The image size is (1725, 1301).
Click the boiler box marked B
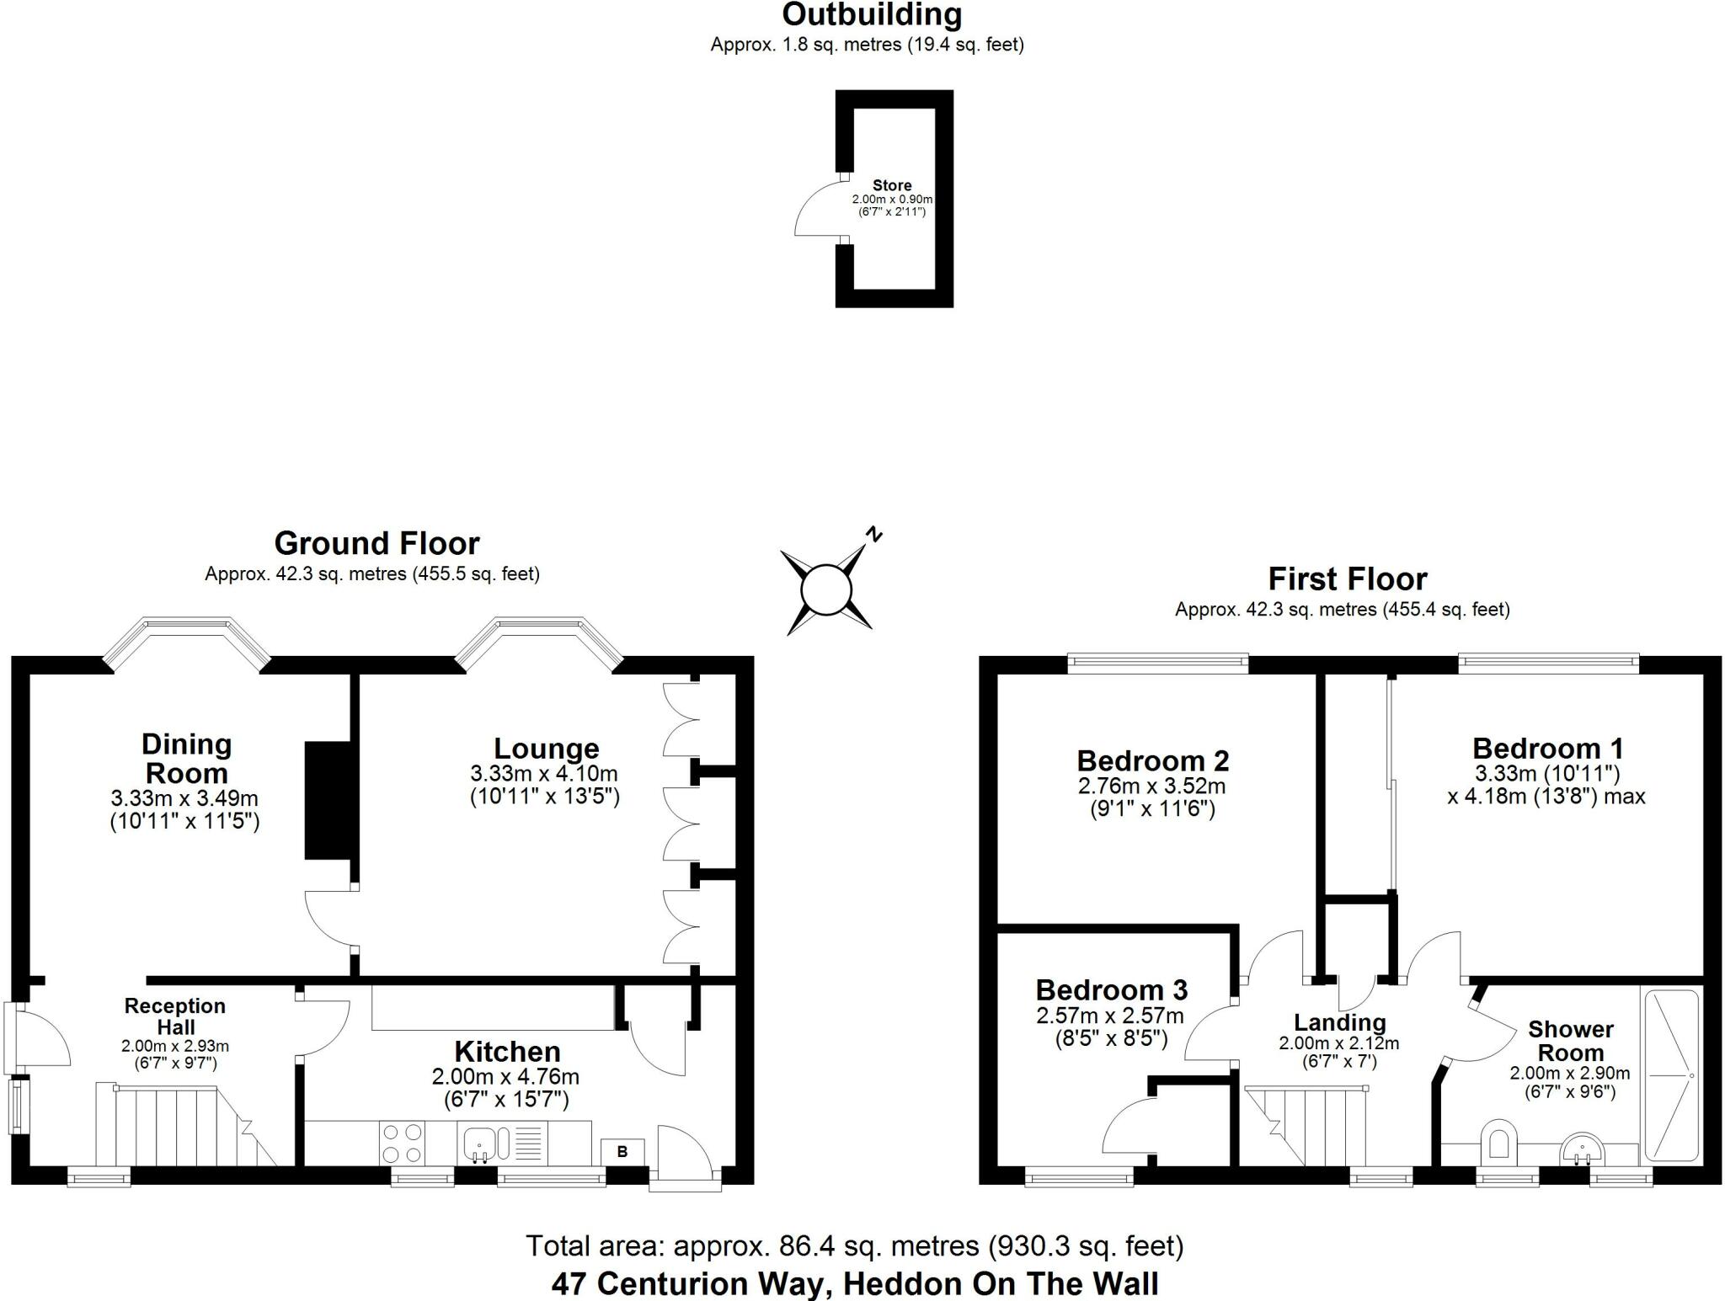coord(622,1151)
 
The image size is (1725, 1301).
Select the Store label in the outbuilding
coord(892,185)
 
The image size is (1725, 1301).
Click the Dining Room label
coord(185,759)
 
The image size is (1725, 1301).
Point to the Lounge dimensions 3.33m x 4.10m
coord(544,774)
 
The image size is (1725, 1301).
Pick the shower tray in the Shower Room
coord(1671,1074)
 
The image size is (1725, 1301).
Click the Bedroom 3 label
coord(1111,989)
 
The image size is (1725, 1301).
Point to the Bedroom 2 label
coord(1152,761)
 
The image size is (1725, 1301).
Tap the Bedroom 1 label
coord(1547,749)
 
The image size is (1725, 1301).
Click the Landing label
coord(1339,1022)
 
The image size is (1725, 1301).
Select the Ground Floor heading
coord(377,544)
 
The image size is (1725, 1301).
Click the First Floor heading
coord(1347,579)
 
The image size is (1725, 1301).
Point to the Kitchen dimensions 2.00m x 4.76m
coord(505,1077)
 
